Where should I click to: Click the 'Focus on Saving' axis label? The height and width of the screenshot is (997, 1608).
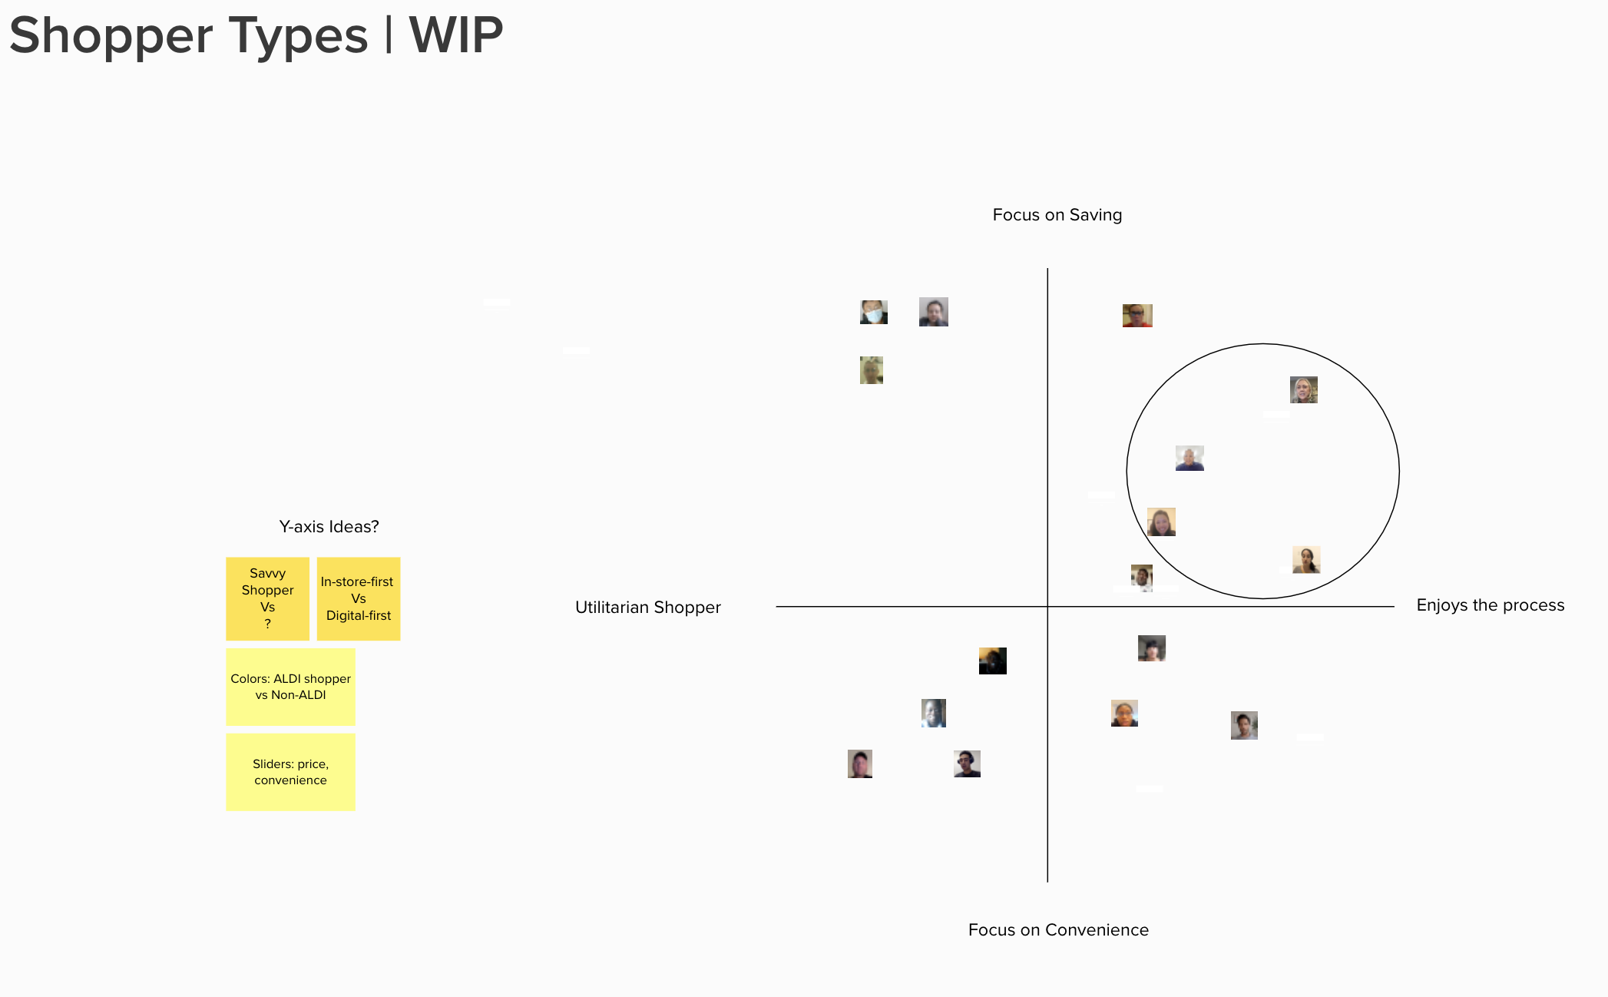[1057, 215]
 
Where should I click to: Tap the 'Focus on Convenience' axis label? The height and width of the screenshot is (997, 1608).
[1058, 930]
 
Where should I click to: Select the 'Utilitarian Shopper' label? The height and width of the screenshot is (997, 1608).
[647, 608]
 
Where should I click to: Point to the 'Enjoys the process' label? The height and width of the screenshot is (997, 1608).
[1490, 605]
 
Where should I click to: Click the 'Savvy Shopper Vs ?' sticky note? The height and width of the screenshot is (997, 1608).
[267, 598]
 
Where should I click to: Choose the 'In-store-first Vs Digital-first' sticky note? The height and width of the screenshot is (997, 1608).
[359, 598]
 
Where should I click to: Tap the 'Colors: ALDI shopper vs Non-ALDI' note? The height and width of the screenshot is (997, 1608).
[290, 687]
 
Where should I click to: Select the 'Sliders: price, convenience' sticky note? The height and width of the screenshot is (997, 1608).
[290, 772]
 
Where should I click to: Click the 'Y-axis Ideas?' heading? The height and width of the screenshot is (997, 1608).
[329, 527]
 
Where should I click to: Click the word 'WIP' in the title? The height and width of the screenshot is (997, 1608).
[455, 35]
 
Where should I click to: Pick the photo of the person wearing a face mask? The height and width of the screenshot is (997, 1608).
[874, 312]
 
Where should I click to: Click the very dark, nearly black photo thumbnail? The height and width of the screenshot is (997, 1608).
[992, 661]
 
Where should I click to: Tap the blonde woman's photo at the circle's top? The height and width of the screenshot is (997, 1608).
[1303, 389]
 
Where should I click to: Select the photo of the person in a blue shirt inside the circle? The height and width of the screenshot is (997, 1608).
[1189, 459]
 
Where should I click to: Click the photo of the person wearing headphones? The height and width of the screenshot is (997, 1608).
[967, 763]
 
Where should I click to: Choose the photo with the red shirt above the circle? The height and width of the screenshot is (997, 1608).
[1137, 316]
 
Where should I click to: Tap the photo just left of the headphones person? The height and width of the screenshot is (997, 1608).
[860, 763]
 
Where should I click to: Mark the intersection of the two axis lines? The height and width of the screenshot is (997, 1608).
[1047, 606]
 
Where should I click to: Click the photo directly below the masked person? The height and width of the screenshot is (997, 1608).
[872, 370]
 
